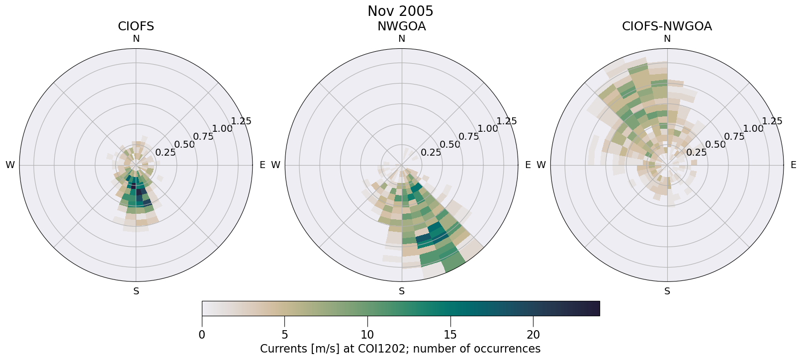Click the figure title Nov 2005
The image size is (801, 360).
coord(400,11)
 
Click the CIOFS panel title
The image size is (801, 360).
coord(136,26)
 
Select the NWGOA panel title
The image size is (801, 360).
coord(401,26)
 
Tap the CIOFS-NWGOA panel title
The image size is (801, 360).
coord(667,26)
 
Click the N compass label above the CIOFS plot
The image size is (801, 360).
coord(136,39)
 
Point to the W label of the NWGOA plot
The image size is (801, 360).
coord(275,165)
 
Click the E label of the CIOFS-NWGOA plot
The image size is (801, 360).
coord(793,165)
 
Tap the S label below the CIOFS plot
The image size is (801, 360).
coord(136,291)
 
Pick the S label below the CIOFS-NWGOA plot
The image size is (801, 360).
coord(667,291)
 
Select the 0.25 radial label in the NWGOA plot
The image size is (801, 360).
coord(431,153)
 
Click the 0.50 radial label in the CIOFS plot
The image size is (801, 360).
coord(184,145)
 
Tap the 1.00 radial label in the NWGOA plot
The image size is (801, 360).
coord(487,128)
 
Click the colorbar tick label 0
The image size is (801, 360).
coord(202,335)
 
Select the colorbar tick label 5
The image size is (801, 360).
coord(284,335)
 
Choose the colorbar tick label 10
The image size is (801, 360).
coord(367,335)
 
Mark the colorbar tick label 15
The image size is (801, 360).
coord(450,335)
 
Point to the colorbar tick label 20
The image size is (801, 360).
coord(533,335)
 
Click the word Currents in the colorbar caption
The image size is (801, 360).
coord(282,349)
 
